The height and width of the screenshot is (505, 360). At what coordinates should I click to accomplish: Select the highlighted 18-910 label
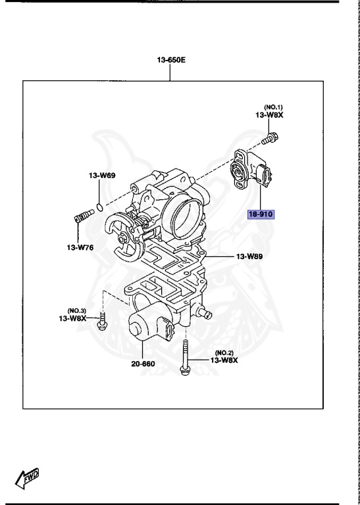(x=261, y=214)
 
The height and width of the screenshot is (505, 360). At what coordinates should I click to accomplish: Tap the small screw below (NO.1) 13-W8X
(x=270, y=139)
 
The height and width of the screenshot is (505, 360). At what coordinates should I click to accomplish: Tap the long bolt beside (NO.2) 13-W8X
(x=185, y=358)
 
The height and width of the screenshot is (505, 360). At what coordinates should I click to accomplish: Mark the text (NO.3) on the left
(x=77, y=310)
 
